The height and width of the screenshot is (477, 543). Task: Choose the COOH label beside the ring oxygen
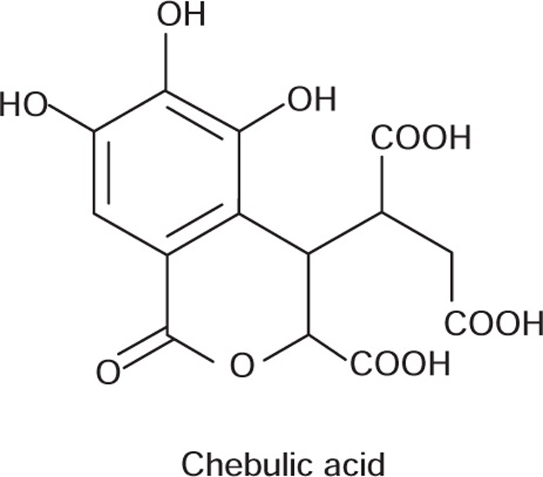[x=401, y=363]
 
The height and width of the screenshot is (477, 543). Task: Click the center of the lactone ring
[x=234, y=295]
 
